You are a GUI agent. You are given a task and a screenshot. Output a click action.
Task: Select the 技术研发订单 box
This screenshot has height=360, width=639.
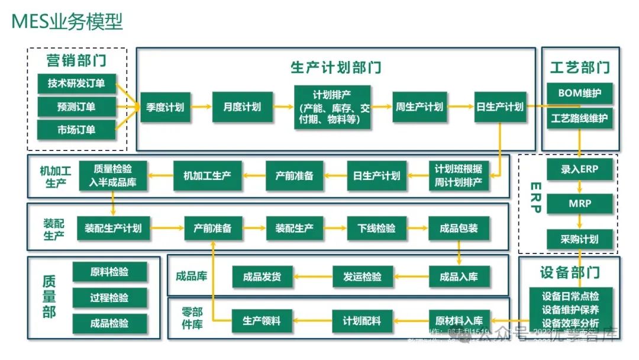(x=76, y=83)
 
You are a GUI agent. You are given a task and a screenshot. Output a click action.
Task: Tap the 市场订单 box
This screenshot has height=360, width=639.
(x=76, y=130)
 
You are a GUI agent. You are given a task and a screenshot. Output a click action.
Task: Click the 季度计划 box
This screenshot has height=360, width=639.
(x=165, y=107)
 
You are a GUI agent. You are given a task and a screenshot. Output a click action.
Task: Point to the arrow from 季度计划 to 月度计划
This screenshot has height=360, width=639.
(x=201, y=107)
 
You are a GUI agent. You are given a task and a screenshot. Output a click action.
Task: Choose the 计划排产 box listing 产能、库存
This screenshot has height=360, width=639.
(x=333, y=107)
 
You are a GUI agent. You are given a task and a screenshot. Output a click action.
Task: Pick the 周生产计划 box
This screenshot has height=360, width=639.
(x=419, y=107)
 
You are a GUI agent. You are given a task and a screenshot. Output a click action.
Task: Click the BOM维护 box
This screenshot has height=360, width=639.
(x=579, y=93)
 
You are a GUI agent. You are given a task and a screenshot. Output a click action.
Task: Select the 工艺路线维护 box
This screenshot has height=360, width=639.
(x=579, y=118)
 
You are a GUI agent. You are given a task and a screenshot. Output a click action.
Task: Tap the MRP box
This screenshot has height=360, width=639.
(x=580, y=204)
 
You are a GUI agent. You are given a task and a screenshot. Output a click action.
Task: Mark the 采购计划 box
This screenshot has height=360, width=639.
(x=580, y=239)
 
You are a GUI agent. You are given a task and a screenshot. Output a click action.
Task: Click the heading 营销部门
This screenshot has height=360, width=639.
(x=77, y=61)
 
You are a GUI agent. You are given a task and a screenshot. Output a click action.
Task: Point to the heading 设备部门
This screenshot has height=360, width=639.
(x=570, y=272)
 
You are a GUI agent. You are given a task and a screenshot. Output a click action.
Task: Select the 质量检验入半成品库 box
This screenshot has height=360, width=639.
(x=113, y=176)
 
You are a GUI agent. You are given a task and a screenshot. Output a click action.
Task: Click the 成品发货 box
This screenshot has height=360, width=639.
(x=262, y=277)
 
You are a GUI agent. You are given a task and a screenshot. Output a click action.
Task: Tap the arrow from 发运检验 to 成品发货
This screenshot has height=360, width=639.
(x=313, y=277)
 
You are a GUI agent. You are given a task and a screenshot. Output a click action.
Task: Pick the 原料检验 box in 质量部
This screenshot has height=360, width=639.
(x=109, y=272)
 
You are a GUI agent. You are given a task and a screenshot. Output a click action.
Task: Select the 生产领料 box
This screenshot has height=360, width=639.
(x=262, y=321)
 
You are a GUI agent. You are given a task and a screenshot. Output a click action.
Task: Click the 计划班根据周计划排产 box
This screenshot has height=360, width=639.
(x=459, y=176)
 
